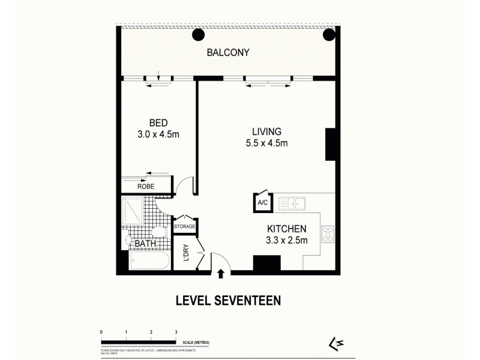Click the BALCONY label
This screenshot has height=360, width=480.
tap(228, 53)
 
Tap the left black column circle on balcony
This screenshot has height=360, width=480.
tap(198, 35)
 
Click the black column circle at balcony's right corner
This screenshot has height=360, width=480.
tap(329, 35)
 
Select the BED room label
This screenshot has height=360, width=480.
tap(158, 123)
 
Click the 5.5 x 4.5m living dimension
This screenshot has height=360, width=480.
tap(266, 143)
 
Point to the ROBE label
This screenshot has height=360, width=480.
tap(146, 187)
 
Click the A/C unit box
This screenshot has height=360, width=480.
tap(263, 203)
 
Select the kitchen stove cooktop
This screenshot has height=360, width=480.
tap(328, 234)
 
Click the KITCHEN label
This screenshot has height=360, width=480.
tap(287, 229)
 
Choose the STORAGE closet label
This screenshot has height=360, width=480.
tap(185, 226)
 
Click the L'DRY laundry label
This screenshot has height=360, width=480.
tap(186, 254)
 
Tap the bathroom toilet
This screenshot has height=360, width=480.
tap(158, 233)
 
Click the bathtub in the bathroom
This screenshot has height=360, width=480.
tap(151, 261)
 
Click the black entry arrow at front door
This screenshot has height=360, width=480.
tap(221, 274)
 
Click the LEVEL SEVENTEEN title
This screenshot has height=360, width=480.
tap(228, 301)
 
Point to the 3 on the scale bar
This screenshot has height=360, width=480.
tap(176, 332)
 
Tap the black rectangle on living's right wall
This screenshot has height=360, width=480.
tap(330, 144)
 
